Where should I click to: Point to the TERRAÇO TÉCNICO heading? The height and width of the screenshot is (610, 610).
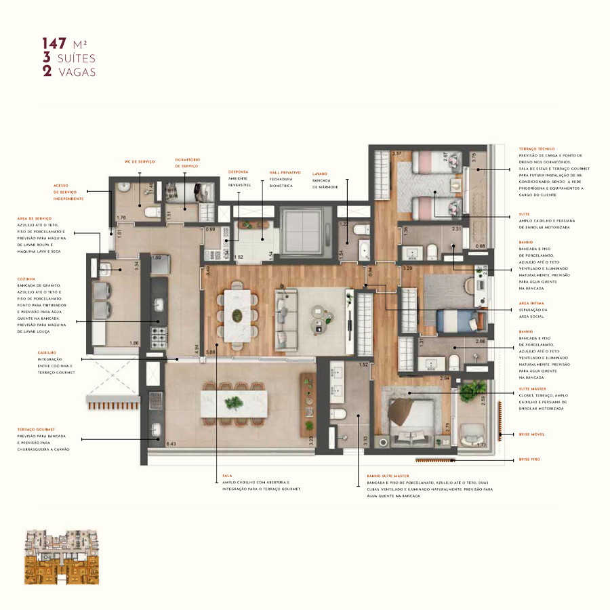point(537,148)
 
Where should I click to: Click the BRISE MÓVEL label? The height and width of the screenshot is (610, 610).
point(533,434)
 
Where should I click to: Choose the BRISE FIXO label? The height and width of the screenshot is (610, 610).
point(530,460)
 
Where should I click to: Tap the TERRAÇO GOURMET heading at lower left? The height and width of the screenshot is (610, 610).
point(37,429)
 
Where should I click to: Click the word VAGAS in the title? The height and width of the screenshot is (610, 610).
point(76,71)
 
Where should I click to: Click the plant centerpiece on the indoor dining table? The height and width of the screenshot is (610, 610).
point(238,314)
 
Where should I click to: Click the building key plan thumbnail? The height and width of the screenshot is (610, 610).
point(62,556)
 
